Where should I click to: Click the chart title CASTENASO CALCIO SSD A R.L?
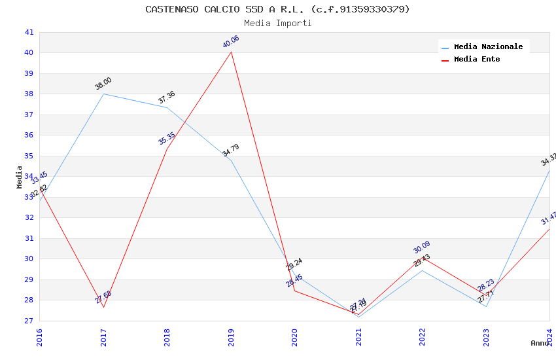coord(277,9)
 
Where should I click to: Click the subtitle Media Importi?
coord(277,23)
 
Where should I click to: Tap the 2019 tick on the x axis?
coord(231,336)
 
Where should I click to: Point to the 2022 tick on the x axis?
coord(423,336)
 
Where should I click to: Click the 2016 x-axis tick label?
coord(39,336)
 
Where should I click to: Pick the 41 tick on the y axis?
coord(29,32)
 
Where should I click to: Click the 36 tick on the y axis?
coord(29,135)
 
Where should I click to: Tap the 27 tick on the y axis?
coord(29,321)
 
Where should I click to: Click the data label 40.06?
coord(231,42)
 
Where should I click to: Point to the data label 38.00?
coord(103,84)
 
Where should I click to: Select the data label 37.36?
coord(167,98)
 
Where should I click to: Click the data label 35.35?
coord(167,138)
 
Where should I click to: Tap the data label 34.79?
coord(231,151)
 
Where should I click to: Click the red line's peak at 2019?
coord(231,52)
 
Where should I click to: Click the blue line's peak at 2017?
coord(103,94)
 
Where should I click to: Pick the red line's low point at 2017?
coord(103,307)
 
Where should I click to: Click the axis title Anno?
coord(540,343)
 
